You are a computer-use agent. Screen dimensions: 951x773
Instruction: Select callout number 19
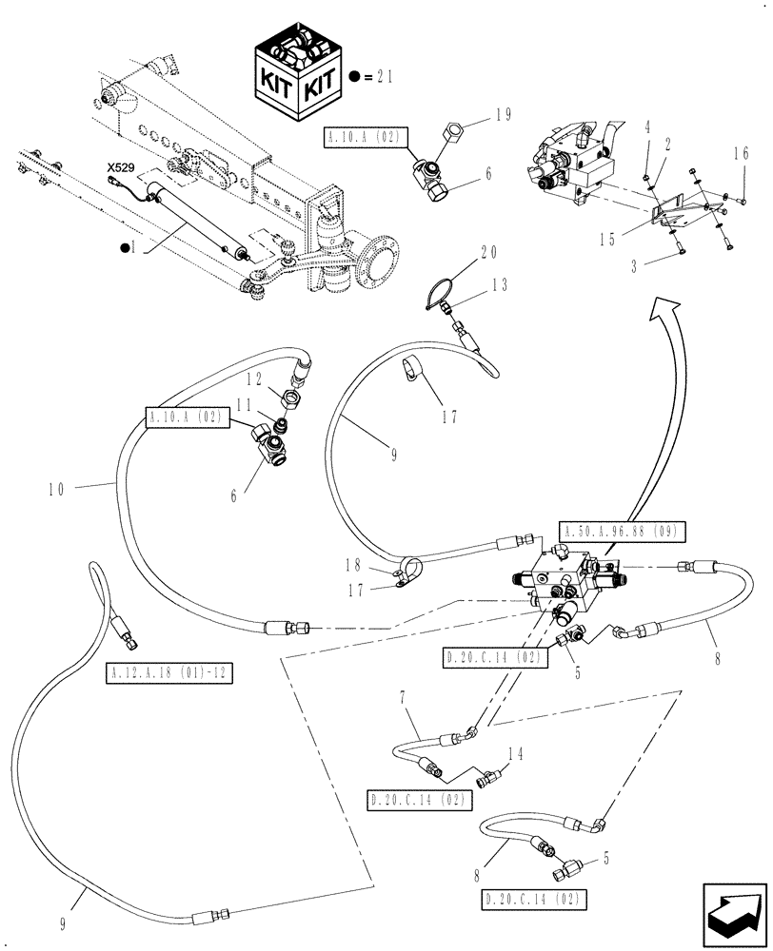coord(503,115)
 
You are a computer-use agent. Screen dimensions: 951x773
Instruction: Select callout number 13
coord(501,284)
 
